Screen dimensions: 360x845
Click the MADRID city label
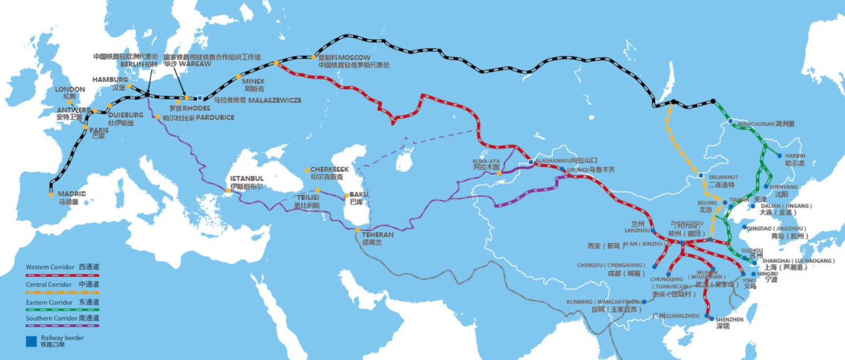point(71,194)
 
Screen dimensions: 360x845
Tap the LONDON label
point(70,89)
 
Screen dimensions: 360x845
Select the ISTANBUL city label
point(247,179)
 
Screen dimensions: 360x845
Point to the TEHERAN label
point(378,234)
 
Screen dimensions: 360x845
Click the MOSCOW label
point(354,57)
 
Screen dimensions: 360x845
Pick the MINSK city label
point(253,81)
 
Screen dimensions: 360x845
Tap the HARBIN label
point(795,156)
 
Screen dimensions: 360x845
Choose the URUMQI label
point(577,170)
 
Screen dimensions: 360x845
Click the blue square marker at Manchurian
point(730,121)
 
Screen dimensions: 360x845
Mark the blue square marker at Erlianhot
point(701,175)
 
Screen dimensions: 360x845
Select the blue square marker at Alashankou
point(531,163)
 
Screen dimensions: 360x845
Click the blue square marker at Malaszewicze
point(200,98)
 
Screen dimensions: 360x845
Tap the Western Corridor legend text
point(50,267)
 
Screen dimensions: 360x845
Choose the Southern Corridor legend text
point(51,318)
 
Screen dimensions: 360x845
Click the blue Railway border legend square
point(31,341)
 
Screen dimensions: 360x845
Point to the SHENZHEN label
point(729,319)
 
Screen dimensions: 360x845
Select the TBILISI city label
point(307,197)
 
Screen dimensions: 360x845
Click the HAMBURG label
point(110,80)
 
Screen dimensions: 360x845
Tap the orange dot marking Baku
point(346,196)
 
